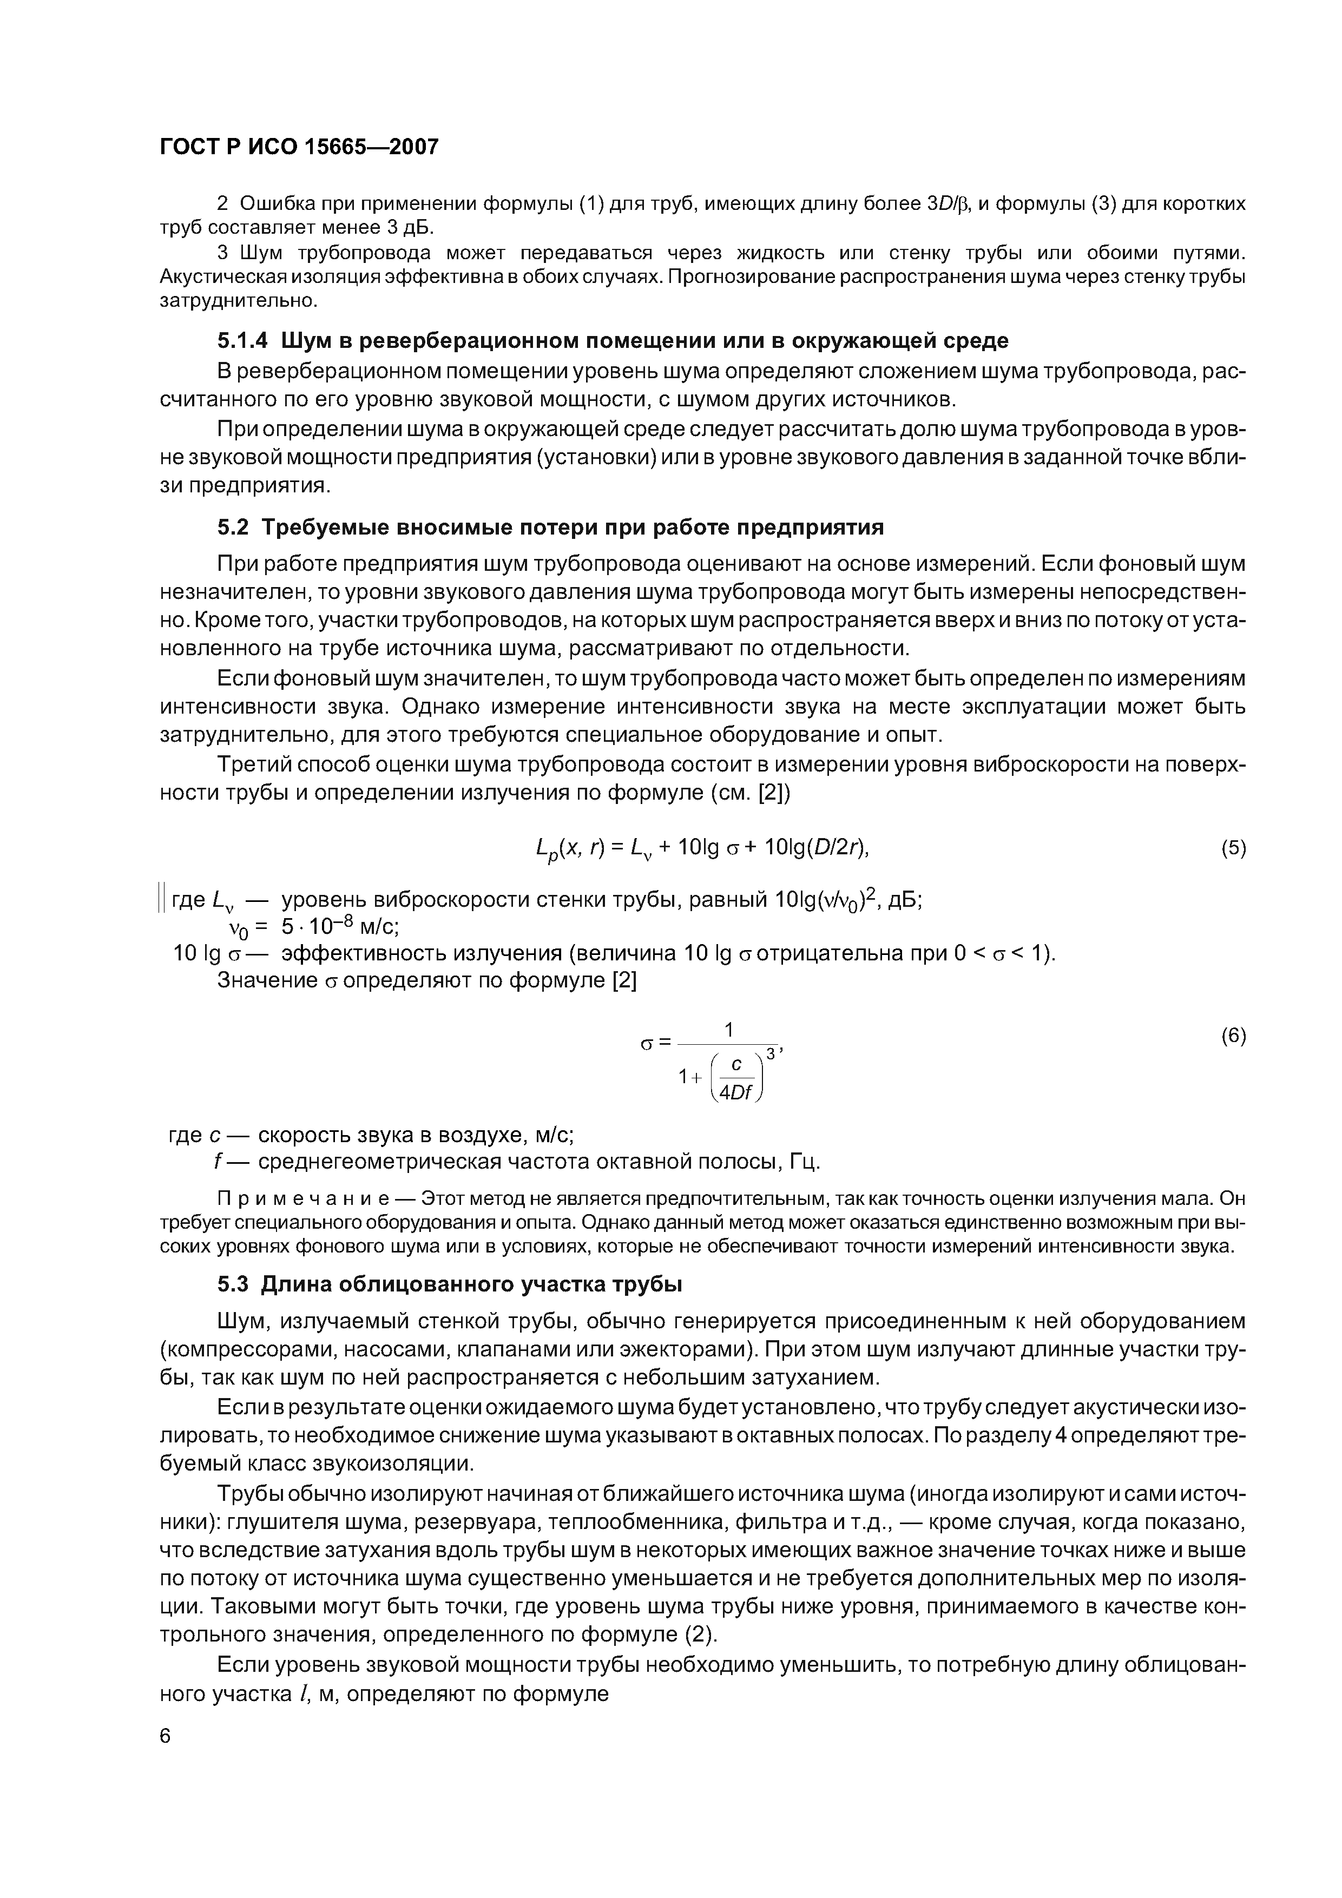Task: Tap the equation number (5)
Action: point(1233,849)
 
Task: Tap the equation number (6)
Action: point(1233,1037)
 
